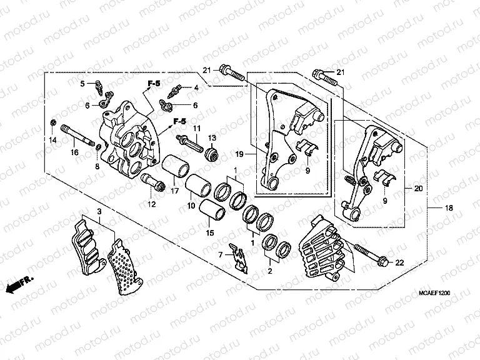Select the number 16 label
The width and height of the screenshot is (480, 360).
coord(73,152)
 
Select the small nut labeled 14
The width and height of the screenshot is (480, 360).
coord(54,121)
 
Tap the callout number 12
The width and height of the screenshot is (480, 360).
coord(150,204)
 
